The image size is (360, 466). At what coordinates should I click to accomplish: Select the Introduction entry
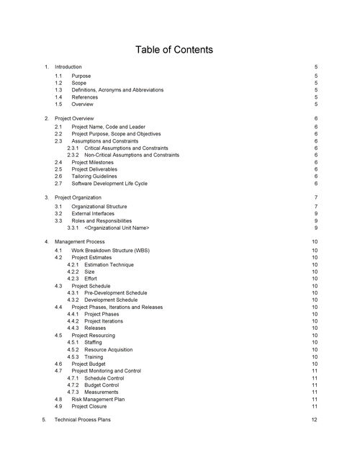click(68, 66)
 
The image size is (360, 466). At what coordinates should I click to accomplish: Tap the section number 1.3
click(58, 90)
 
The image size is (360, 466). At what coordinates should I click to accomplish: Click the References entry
click(85, 97)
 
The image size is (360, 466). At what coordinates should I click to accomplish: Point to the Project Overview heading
click(74, 117)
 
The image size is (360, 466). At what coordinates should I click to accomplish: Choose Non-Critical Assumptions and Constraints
click(131, 155)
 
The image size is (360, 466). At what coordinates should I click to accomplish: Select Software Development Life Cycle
click(109, 184)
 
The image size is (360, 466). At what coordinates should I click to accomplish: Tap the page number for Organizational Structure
click(315, 207)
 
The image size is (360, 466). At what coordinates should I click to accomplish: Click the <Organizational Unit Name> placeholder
click(117, 228)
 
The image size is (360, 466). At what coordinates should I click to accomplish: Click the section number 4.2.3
click(73, 278)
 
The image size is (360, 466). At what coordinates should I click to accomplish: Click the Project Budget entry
click(89, 364)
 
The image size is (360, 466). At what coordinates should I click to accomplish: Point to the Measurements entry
click(102, 392)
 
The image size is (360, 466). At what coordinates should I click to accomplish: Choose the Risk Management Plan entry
click(99, 399)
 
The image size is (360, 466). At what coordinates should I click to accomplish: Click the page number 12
click(315, 419)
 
